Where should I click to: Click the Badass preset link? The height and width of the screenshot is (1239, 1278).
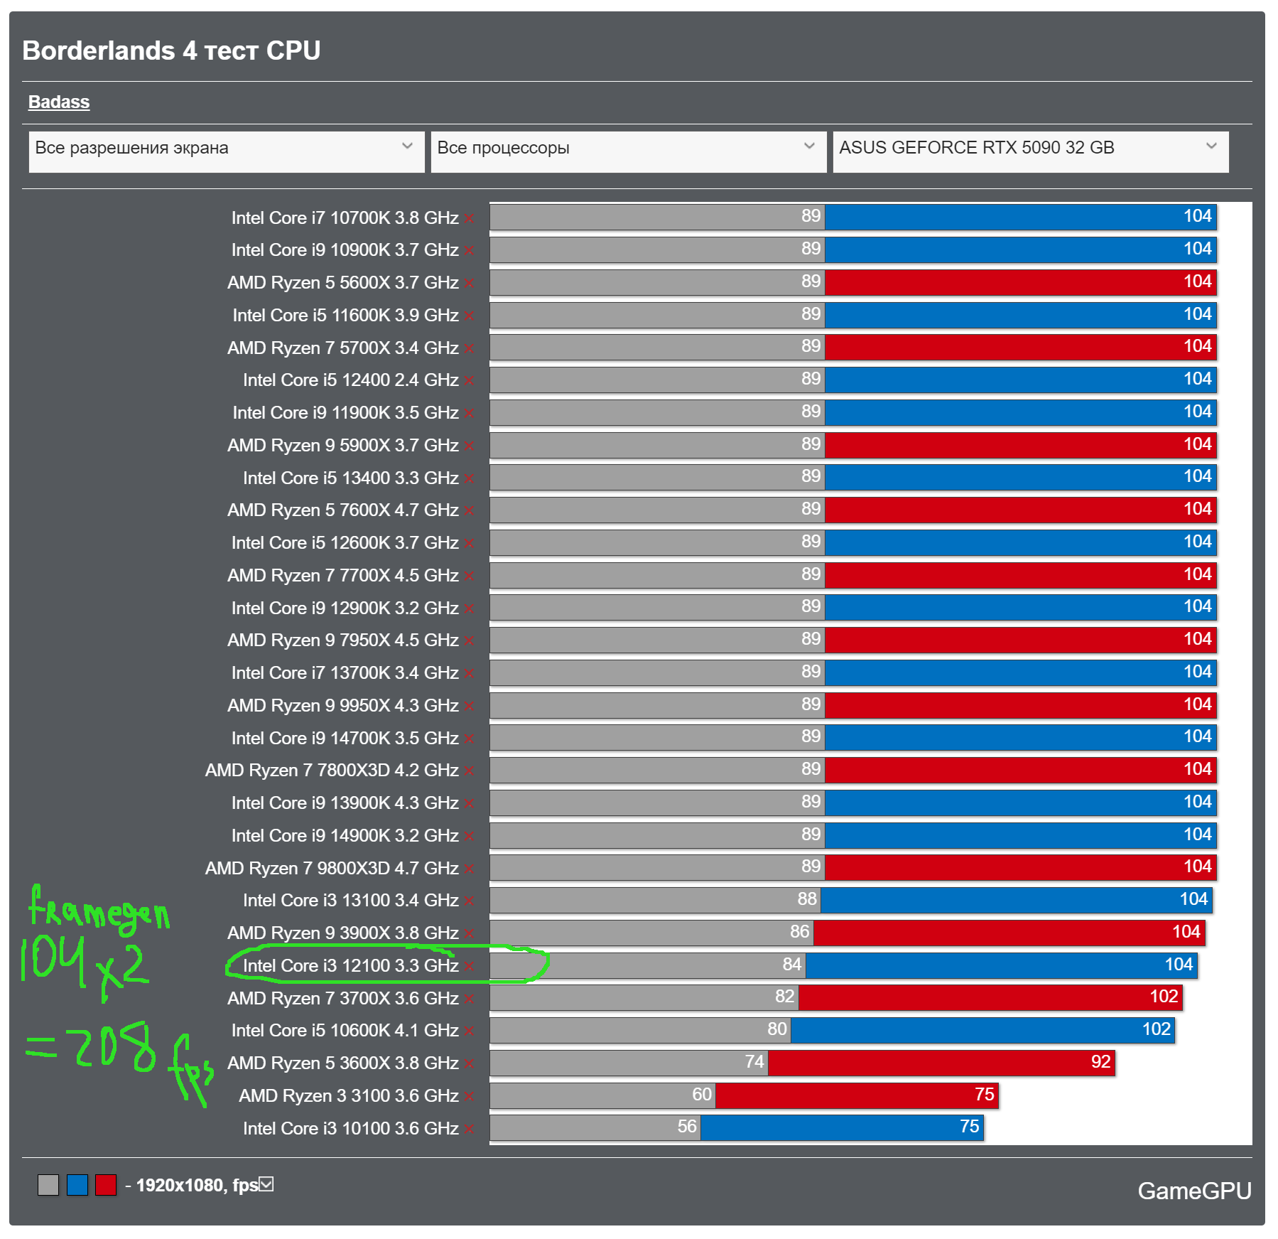[59, 102]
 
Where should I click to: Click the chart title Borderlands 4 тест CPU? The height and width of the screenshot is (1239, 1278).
[171, 51]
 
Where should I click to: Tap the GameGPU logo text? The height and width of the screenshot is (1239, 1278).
[1193, 1191]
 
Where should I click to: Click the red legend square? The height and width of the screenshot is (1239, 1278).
[106, 1185]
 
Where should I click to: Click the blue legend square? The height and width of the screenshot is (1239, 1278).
[77, 1185]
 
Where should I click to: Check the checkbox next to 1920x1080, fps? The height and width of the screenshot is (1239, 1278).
[266, 1184]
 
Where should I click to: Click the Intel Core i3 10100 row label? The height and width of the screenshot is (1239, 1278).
[350, 1128]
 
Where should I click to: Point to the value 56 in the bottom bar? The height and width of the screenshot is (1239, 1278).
[687, 1127]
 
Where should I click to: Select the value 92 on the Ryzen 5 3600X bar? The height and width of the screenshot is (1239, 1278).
[1100, 1062]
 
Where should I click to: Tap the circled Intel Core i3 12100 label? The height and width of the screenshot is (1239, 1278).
[350, 965]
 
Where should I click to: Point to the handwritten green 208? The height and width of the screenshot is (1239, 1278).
[115, 1047]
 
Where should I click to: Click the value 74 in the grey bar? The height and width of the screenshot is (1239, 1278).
[754, 1062]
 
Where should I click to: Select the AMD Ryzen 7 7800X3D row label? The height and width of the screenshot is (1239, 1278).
[331, 770]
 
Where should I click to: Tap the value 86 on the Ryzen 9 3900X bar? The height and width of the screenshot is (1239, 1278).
[799, 932]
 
